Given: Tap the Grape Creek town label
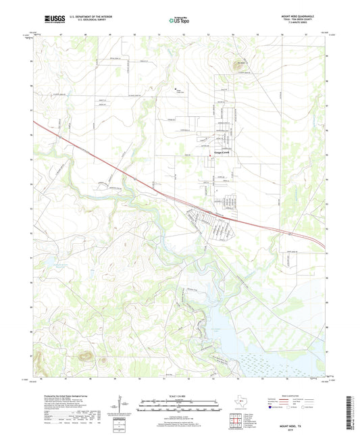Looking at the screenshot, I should pyautogui.click(x=223, y=153).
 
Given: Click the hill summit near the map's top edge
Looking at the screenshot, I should pyautogui.click(x=238, y=64).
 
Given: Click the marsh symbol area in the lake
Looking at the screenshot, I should pyautogui.click(x=284, y=358).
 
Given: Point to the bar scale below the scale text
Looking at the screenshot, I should pyautogui.click(x=179, y=406).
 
